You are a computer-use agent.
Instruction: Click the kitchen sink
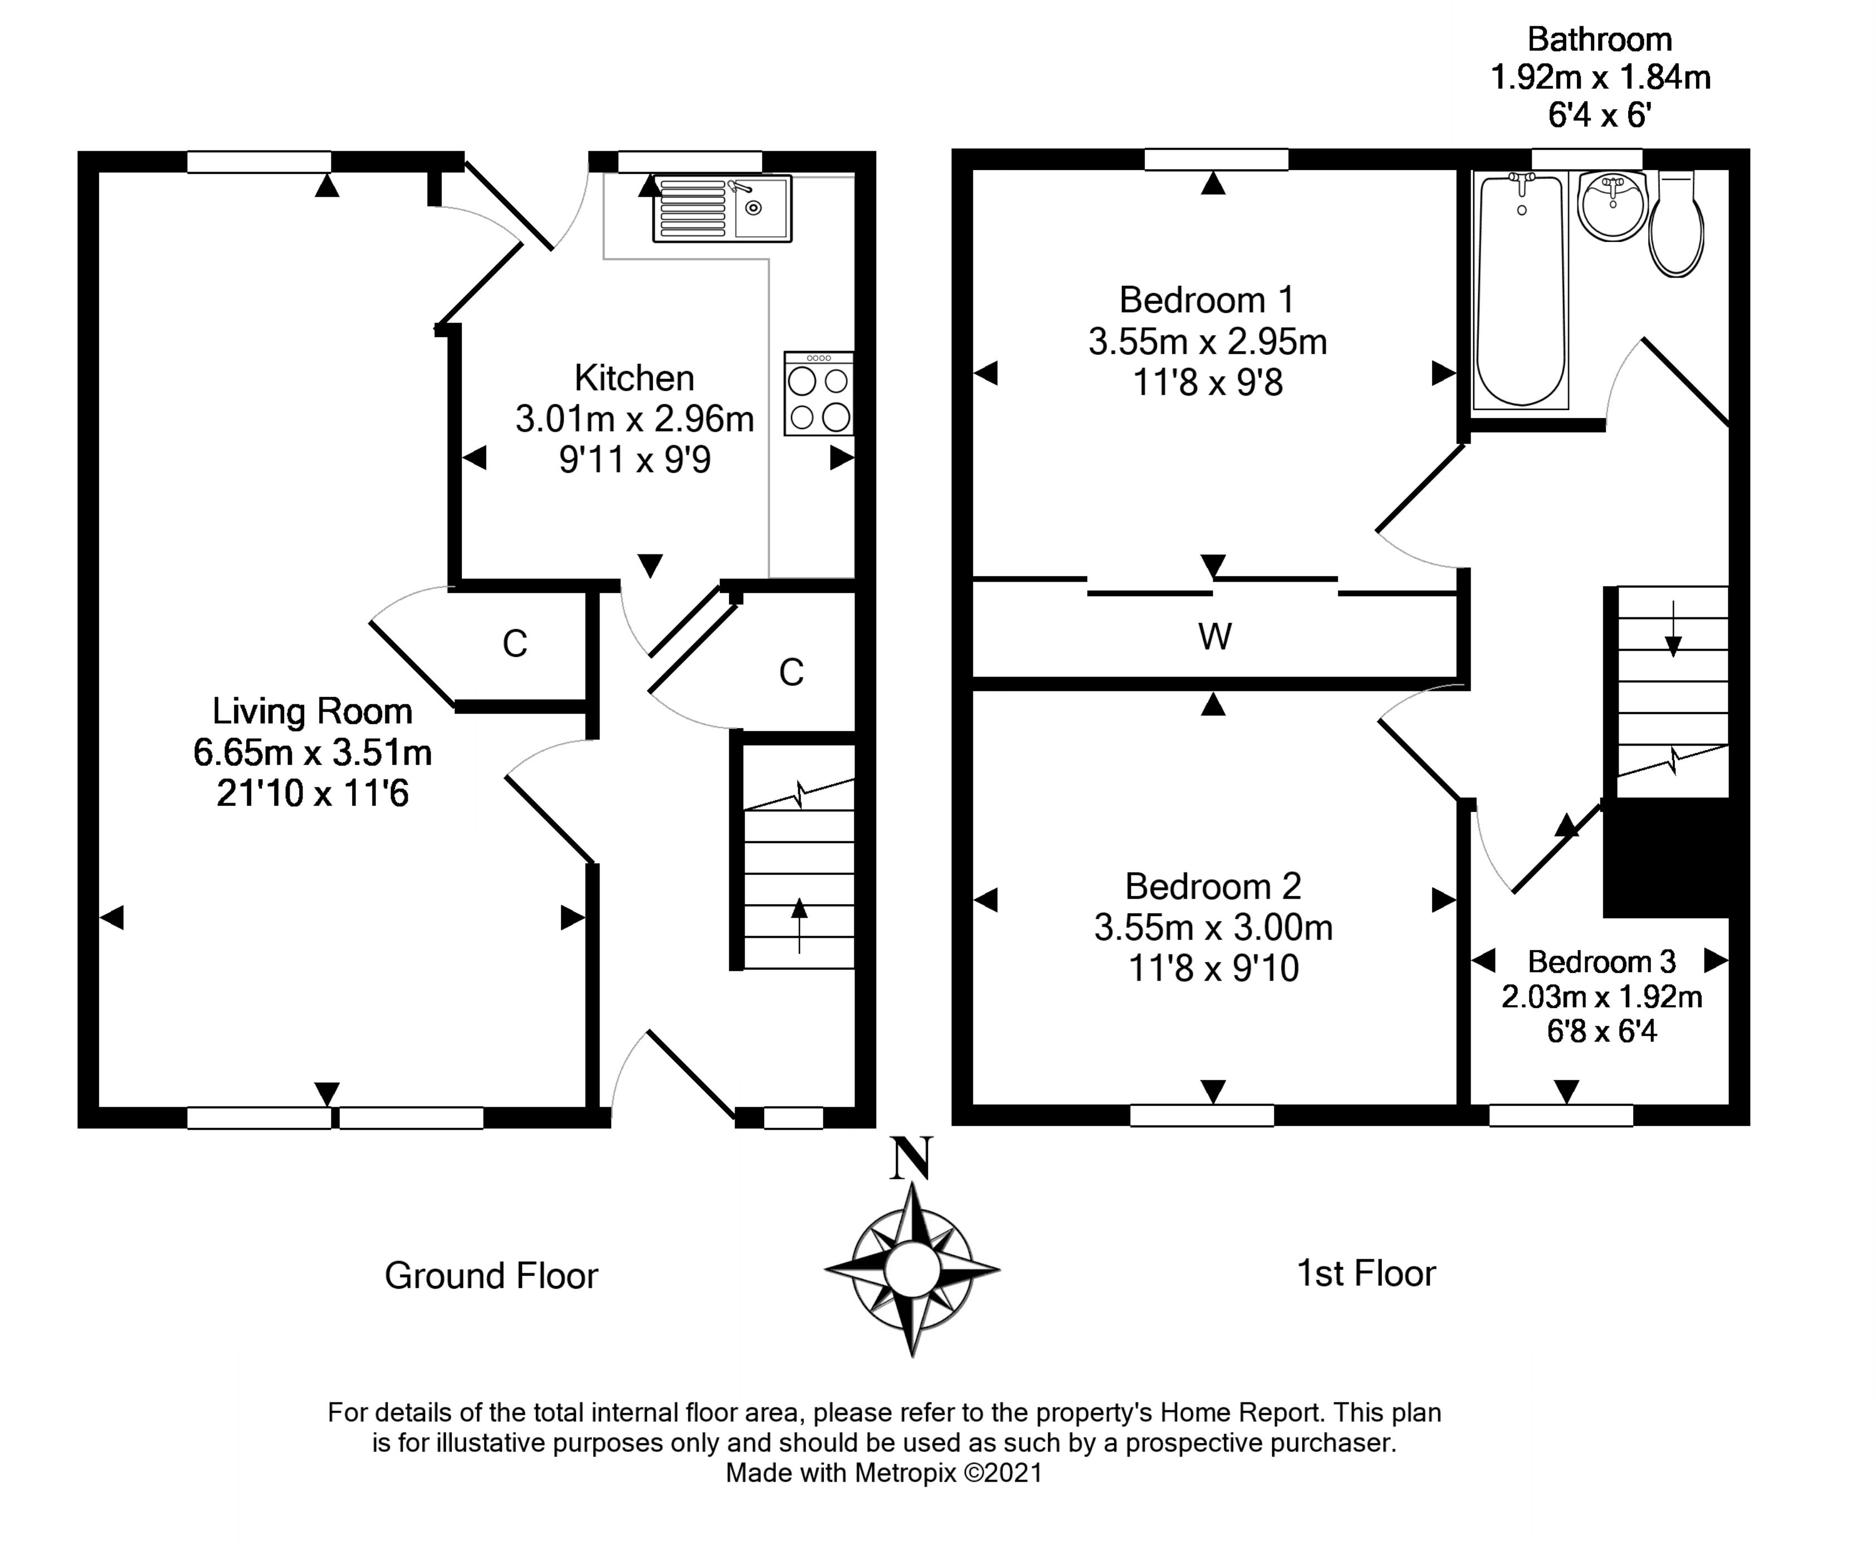(722, 209)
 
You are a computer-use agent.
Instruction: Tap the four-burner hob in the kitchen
(818, 394)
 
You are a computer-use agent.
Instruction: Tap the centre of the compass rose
(911, 1270)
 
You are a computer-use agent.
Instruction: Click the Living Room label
(312, 712)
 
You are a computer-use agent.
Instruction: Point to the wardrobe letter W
(1214, 637)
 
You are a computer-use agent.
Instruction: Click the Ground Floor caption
(491, 1277)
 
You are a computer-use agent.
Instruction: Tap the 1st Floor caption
(1366, 1274)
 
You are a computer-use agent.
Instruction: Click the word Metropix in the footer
(905, 1473)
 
